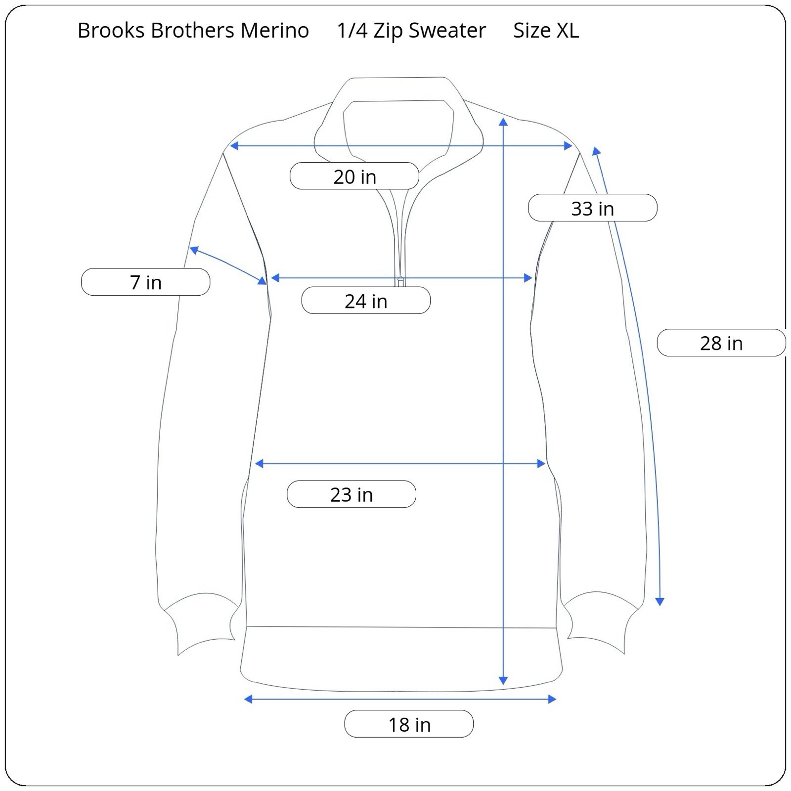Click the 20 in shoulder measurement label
(x=354, y=176)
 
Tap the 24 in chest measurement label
(x=366, y=301)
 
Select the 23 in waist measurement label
(x=352, y=494)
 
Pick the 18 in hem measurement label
(x=409, y=724)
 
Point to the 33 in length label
(x=592, y=208)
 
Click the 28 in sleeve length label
(x=721, y=343)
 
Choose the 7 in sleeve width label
(x=146, y=282)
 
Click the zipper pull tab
(x=400, y=281)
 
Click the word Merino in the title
(x=274, y=31)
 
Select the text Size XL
(x=546, y=31)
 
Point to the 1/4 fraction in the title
(x=352, y=31)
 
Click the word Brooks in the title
(x=112, y=31)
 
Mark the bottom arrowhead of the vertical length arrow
(x=503, y=680)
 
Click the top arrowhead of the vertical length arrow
(x=503, y=122)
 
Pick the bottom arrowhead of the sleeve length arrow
(x=659, y=601)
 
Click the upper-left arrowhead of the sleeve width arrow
(x=194, y=250)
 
